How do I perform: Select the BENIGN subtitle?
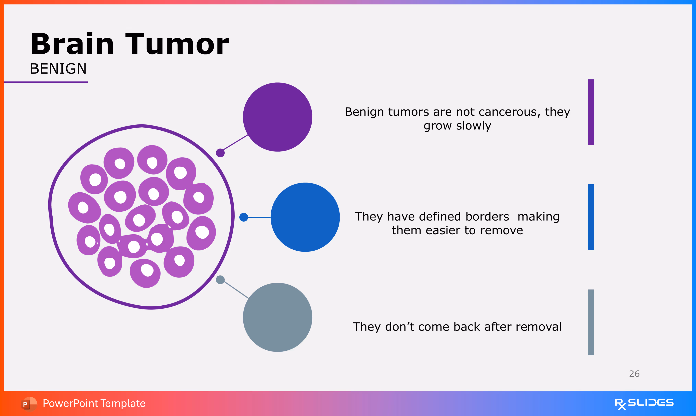point(58,69)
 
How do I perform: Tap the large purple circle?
point(278,117)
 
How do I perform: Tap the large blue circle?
point(305,217)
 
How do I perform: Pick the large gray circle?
point(278,317)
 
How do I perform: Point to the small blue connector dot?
point(244,217)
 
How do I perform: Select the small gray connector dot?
point(220,280)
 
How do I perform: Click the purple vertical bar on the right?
point(591,112)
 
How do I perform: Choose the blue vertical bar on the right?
point(591,217)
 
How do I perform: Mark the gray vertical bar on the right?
point(591,322)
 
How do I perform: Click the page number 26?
point(634,374)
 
